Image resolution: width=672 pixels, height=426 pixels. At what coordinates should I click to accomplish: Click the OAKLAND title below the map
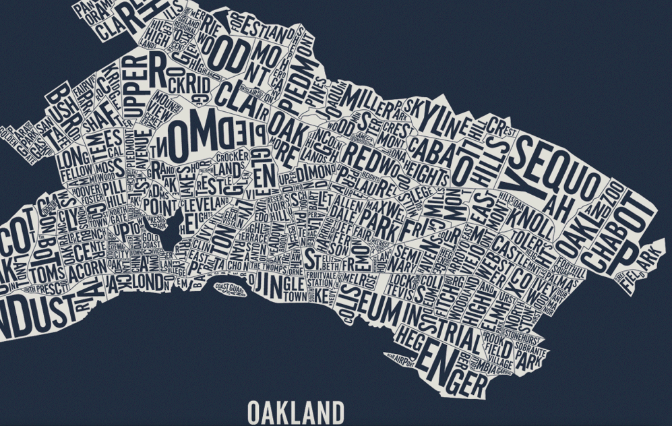click(295, 412)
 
